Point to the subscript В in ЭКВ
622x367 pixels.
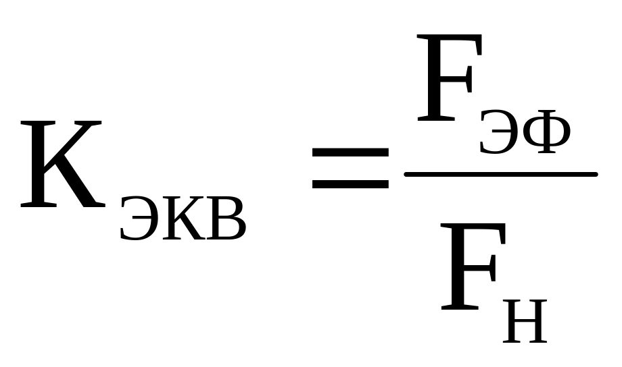point(224,220)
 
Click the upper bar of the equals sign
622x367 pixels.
point(350,152)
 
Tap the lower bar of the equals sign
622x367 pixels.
point(350,182)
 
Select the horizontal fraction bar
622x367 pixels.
point(500,175)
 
